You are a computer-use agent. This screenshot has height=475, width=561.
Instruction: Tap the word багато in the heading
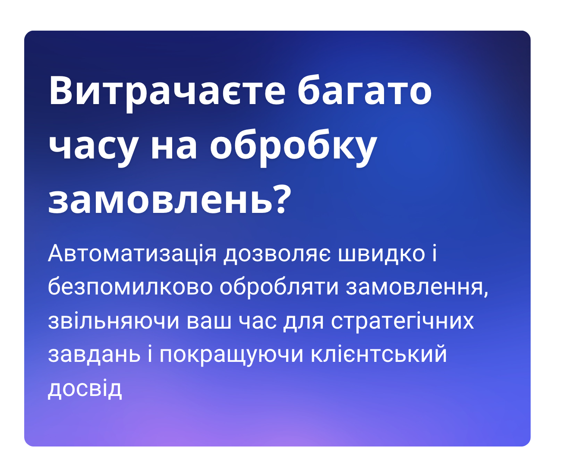pyautogui.click(x=365, y=92)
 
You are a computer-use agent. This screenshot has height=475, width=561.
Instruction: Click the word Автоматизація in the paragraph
pyautogui.click(x=132, y=253)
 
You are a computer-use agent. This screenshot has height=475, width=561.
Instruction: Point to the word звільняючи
pyautogui.click(x=113, y=321)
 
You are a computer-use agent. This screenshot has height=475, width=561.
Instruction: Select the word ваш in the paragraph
pyautogui.click(x=209, y=321)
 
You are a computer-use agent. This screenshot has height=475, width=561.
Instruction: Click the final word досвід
pyautogui.click(x=85, y=389)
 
